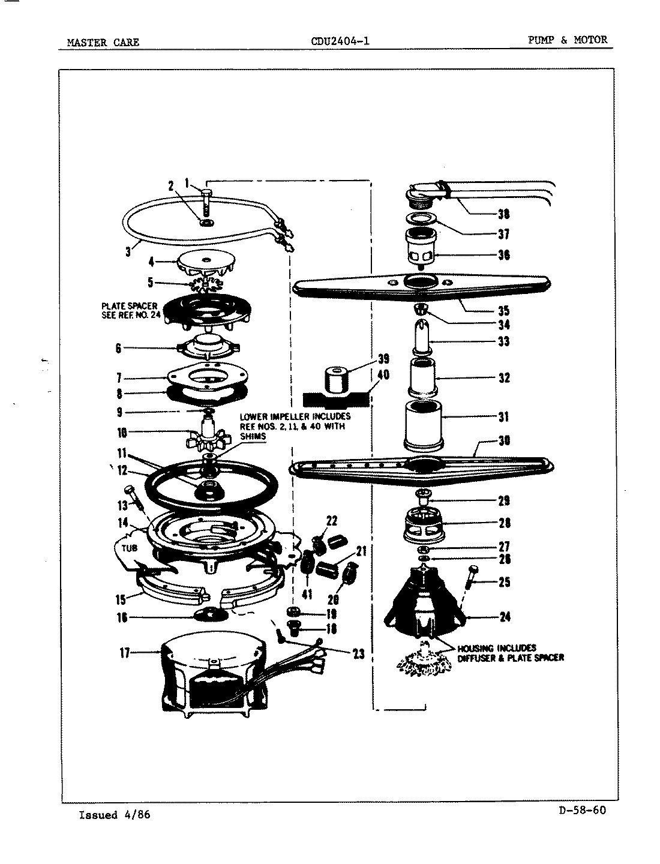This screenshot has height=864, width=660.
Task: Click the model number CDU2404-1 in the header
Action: pyautogui.click(x=340, y=41)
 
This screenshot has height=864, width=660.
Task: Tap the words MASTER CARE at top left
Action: pyautogui.click(x=103, y=42)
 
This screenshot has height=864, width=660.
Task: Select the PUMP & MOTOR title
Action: pyautogui.click(x=567, y=40)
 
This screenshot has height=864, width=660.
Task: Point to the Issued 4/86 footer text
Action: pyautogui.click(x=115, y=815)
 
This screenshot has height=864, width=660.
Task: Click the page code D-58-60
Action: pyautogui.click(x=581, y=811)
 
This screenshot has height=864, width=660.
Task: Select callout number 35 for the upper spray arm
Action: pyautogui.click(x=503, y=310)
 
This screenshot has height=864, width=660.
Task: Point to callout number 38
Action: pyautogui.click(x=503, y=214)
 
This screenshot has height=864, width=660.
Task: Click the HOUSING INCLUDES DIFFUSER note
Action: pyautogui.click(x=510, y=653)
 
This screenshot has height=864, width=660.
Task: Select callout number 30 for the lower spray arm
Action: pyautogui.click(x=504, y=441)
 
